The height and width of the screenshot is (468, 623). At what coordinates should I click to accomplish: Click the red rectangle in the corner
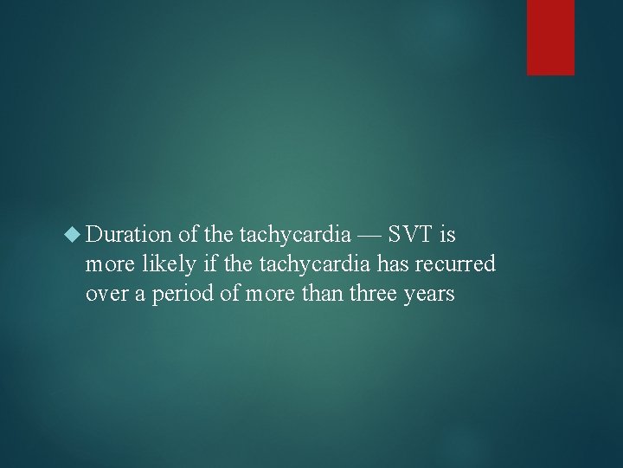(x=550, y=37)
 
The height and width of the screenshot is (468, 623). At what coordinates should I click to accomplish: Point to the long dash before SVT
(x=366, y=234)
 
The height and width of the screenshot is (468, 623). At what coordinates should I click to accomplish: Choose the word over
(x=105, y=293)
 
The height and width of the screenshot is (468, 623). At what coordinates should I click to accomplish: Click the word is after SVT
(x=446, y=234)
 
